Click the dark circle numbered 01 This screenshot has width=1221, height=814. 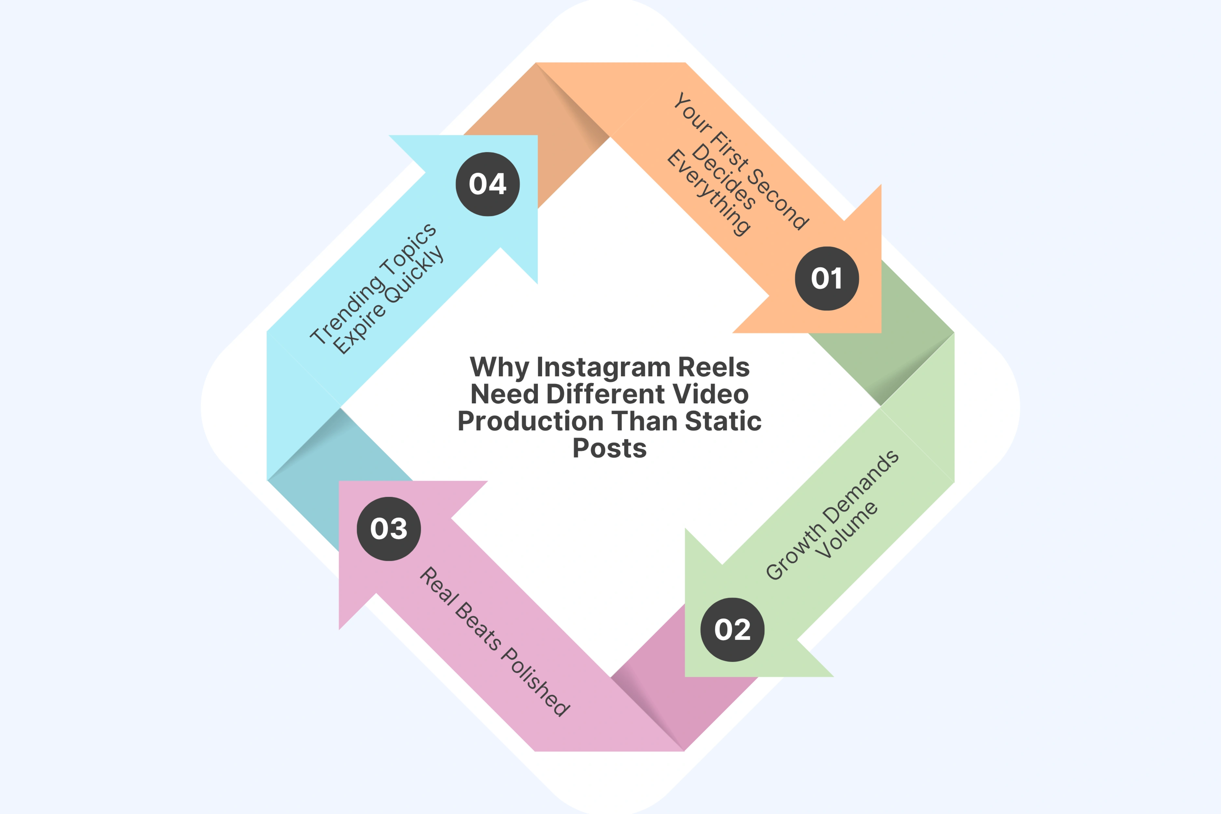click(826, 279)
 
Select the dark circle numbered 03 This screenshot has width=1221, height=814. click(389, 528)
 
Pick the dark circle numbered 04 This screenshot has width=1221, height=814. click(488, 184)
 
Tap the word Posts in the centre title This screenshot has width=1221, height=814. click(609, 448)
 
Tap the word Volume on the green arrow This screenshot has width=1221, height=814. click(846, 529)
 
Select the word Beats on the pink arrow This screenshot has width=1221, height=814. click(478, 625)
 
